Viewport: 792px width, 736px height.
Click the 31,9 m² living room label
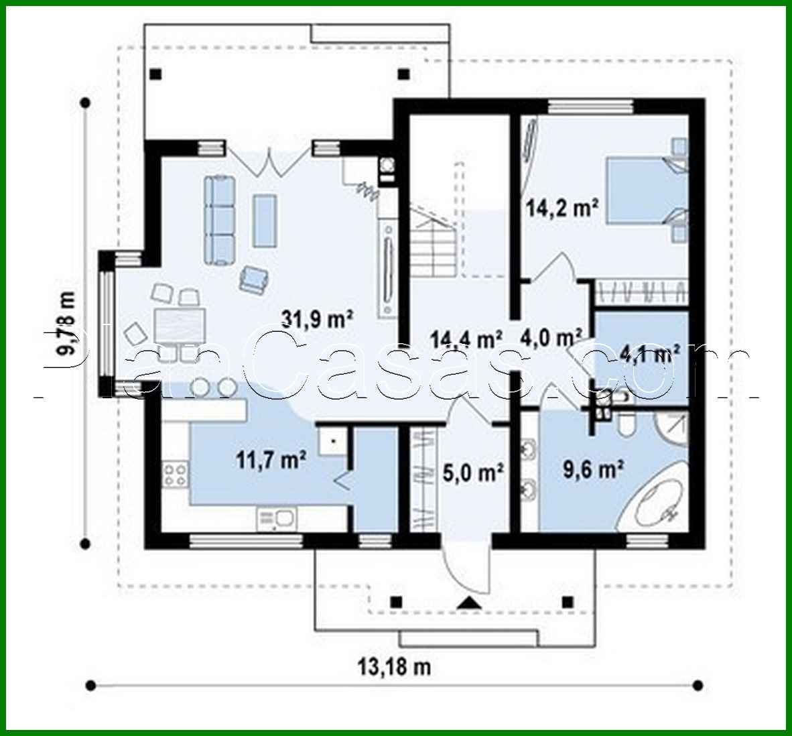click(317, 319)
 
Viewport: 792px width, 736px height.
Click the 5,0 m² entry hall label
click(473, 473)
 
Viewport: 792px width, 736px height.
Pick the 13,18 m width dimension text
click(394, 667)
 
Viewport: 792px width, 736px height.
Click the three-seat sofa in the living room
click(220, 218)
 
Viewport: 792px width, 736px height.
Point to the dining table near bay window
click(179, 327)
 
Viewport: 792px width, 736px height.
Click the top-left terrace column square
click(155, 74)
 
